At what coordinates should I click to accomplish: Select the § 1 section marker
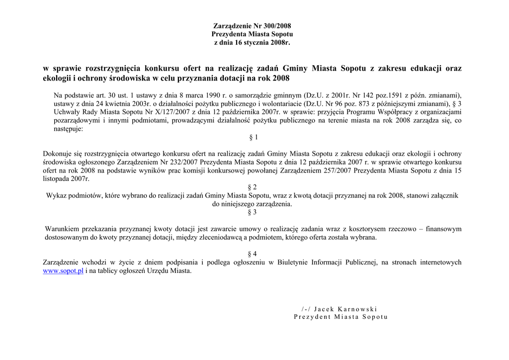[253, 137]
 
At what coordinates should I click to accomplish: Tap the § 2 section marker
[253, 187]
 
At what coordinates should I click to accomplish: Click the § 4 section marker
[253, 254]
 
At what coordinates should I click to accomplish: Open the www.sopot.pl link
[63, 271]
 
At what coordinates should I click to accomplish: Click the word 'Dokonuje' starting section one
[59, 154]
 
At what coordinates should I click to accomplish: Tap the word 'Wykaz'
[57, 196]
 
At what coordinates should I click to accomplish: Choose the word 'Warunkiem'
[62, 229]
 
